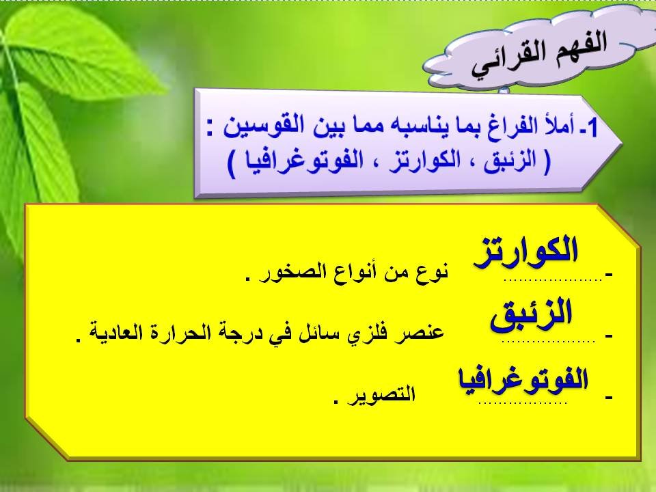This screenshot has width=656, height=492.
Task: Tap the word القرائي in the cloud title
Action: (503, 61)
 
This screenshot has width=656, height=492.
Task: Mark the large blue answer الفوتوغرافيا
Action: (523, 378)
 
